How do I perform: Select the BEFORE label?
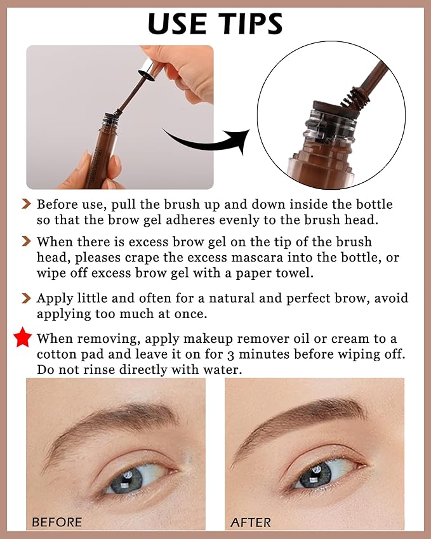pyautogui.click(x=56, y=522)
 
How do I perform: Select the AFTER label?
pyautogui.click(x=251, y=522)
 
